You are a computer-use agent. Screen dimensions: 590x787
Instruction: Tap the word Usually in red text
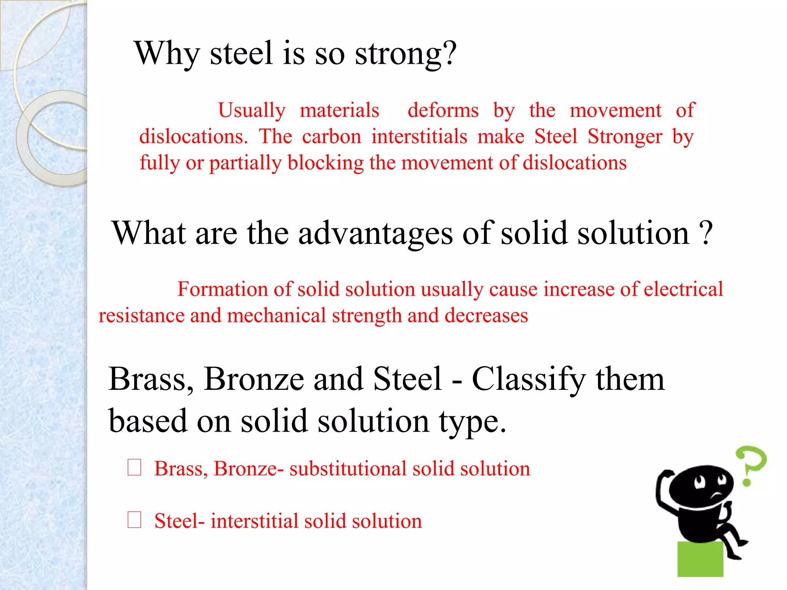252,111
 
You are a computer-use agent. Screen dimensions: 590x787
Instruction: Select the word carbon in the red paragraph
332,137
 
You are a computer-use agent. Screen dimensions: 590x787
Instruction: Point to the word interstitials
419,137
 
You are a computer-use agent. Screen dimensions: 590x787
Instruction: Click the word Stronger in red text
625,137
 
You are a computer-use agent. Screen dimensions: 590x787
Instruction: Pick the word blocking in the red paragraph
325,163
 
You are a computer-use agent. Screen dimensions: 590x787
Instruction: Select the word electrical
683,289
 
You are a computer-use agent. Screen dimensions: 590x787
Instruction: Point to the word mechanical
276,316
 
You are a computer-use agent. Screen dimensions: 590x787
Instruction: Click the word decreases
486,316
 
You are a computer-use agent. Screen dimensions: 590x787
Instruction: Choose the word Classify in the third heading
529,380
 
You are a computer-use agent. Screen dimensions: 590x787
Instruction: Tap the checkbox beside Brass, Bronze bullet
134,467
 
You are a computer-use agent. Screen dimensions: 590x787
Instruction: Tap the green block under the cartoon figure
700,559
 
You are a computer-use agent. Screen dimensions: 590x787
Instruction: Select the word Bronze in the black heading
254,380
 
